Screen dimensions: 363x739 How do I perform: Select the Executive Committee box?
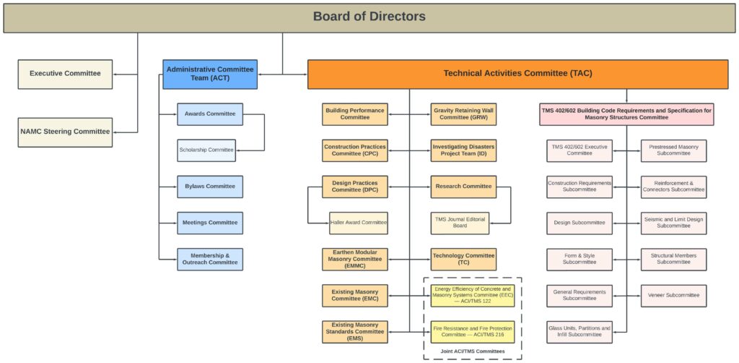click(x=65, y=74)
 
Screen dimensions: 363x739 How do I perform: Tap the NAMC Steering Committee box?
click(x=65, y=132)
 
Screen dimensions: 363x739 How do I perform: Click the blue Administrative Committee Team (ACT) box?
click(x=209, y=74)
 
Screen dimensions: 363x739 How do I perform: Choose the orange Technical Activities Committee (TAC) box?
click(x=517, y=74)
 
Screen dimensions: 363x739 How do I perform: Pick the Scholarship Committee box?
click(x=206, y=150)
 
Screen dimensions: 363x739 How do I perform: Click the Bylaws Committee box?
click(x=210, y=187)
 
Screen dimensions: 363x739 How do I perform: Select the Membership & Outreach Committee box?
click(x=210, y=259)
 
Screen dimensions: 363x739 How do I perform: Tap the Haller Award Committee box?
click(x=359, y=223)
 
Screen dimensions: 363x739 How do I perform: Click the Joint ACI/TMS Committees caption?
click(x=472, y=351)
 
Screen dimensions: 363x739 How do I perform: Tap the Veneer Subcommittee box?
click(x=673, y=295)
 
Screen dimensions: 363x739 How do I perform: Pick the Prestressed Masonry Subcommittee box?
click(x=673, y=150)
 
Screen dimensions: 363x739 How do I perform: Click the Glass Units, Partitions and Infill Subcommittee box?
click(x=580, y=332)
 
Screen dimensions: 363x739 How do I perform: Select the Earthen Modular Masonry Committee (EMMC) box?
click(x=354, y=259)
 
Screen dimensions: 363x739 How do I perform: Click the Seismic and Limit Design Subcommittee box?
click(x=673, y=223)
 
